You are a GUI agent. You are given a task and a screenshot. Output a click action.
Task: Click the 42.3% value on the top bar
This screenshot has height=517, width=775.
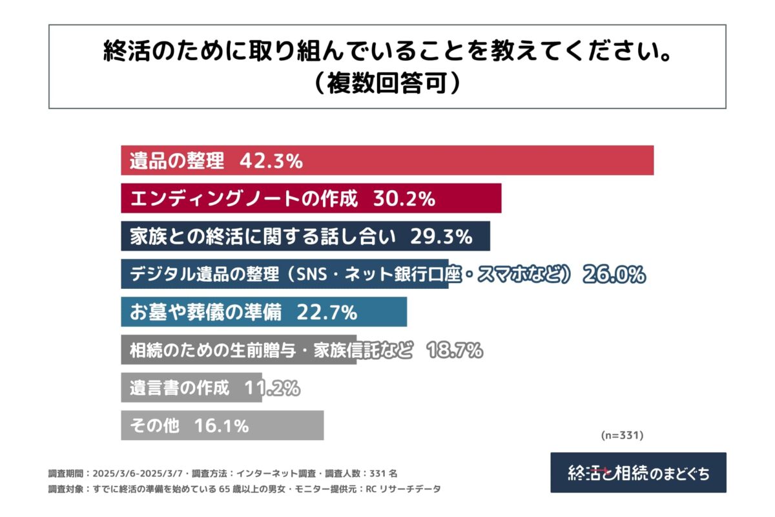point(271,161)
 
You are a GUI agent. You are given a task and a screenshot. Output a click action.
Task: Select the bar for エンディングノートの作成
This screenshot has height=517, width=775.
point(311,198)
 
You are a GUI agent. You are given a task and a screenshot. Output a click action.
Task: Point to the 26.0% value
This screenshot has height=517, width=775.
point(614,275)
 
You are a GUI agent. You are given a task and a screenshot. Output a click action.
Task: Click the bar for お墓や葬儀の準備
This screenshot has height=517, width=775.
point(263,312)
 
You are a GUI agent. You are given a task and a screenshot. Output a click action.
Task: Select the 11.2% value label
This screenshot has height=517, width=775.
point(272,388)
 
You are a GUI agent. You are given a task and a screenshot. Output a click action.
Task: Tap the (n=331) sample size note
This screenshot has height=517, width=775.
point(622,436)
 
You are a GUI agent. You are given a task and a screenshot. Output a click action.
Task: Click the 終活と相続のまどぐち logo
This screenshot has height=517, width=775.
point(638,472)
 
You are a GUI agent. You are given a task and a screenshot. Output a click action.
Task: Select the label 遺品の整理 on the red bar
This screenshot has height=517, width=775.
point(176,161)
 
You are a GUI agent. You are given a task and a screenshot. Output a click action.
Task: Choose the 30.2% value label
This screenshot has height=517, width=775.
point(404,198)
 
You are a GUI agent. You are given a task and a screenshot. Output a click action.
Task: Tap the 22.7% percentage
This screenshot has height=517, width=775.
point(327,312)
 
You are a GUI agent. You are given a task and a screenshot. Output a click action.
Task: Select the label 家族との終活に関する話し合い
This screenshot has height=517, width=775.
point(262,237)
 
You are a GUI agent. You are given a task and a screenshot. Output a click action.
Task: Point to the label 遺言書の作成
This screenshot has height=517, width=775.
point(179,388)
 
